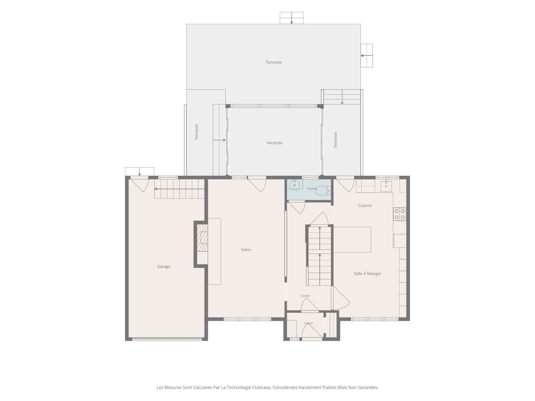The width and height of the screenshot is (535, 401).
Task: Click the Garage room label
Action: (x=164, y=266)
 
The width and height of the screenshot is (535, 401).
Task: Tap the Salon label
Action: (x=246, y=250)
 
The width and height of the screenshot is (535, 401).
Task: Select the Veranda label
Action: (x=274, y=143)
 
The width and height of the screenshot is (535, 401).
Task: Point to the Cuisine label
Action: (x=365, y=206)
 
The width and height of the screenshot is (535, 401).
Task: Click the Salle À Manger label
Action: (x=368, y=273)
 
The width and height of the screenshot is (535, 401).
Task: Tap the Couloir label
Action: (x=305, y=296)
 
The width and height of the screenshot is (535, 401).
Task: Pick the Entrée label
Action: (x=308, y=323)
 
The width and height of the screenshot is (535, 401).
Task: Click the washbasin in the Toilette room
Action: (x=295, y=185)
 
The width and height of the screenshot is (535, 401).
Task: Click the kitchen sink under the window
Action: (x=386, y=186)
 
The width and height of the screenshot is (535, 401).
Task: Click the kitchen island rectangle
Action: (x=352, y=240)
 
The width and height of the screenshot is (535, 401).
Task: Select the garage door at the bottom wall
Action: (x=167, y=339)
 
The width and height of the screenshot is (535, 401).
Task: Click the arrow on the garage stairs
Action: (x=179, y=189)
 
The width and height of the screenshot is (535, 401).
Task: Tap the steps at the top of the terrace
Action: (x=291, y=18)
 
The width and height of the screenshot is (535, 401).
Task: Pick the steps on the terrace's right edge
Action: (x=367, y=55)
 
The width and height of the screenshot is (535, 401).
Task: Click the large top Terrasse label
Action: (x=274, y=62)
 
